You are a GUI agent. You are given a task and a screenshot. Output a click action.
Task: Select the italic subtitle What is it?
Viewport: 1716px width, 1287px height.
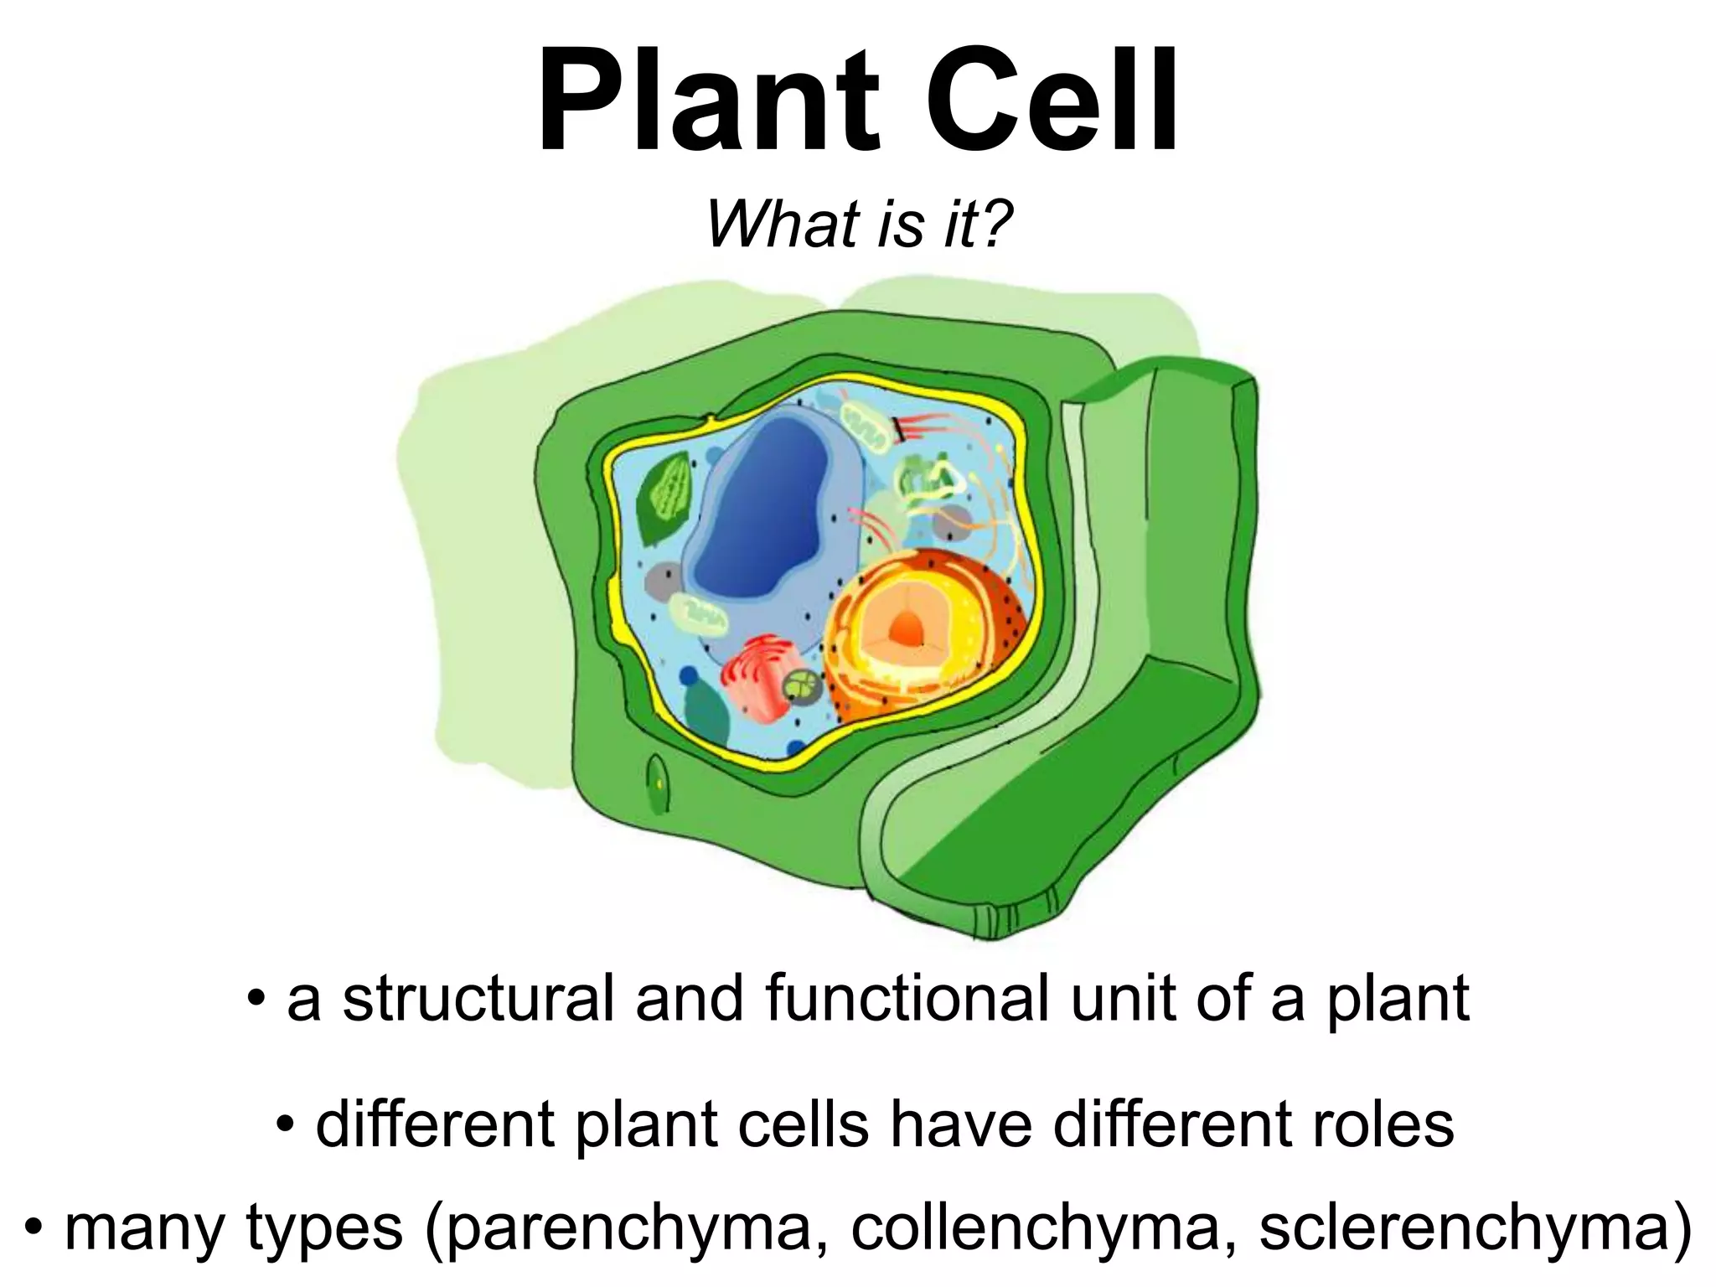point(859,225)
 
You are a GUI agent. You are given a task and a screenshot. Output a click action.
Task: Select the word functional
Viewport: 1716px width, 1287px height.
point(905,999)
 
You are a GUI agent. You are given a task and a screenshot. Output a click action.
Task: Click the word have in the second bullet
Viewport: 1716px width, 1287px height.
point(960,1124)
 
